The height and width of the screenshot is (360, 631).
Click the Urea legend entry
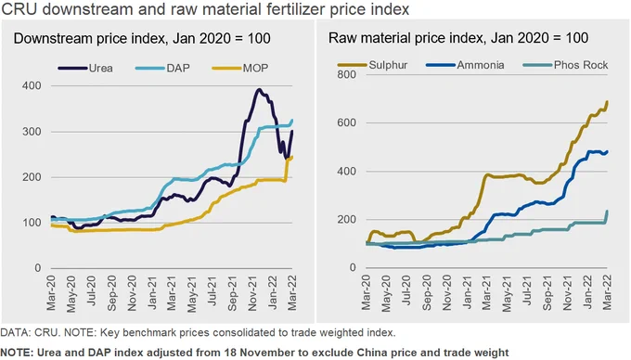85,68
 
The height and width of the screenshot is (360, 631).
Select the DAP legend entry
162,68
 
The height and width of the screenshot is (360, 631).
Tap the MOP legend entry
240,68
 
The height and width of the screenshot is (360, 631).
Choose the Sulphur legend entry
373,65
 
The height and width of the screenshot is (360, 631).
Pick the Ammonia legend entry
465,65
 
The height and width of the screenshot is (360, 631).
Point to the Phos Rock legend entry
565,65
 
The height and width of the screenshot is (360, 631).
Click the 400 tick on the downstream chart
32,85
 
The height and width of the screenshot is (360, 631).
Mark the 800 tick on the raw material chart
346,74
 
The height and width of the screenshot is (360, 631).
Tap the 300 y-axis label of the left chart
32,132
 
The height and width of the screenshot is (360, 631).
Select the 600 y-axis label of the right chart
346,122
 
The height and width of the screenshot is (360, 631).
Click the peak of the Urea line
260,90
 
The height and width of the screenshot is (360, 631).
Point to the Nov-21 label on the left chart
252,293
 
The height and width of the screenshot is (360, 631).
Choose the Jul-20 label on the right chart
406,290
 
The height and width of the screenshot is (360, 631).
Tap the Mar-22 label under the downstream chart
292,293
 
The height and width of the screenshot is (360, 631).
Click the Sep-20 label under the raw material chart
426,293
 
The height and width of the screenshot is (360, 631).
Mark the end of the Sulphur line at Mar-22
607,102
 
